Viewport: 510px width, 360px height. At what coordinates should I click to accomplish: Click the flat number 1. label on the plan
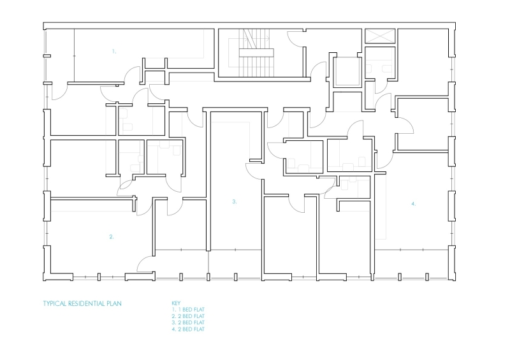click(x=114, y=51)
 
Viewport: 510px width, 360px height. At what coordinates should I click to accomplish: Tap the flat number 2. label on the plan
click(x=112, y=236)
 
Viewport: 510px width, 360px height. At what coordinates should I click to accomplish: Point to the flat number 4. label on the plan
click(x=413, y=204)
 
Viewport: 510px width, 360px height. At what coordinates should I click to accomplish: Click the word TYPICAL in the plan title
click(x=55, y=303)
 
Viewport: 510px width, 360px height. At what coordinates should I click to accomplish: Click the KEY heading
click(x=177, y=303)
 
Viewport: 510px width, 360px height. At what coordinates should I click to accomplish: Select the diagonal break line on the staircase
click(x=249, y=40)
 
